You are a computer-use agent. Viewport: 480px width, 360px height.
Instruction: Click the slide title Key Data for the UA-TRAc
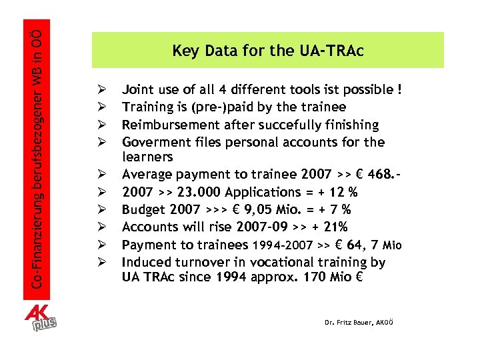tap(268, 50)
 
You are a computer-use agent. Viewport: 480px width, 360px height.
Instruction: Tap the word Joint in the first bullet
tap(138, 89)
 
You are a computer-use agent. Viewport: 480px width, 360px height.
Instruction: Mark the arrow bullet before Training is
tap(101, 107)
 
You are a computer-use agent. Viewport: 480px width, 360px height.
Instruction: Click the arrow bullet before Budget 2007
tap(101, 209)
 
